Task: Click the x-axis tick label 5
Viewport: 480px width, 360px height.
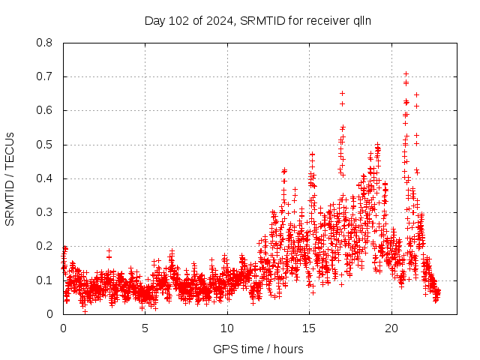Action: (145, 328)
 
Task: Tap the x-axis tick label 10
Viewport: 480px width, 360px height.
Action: (227, 328)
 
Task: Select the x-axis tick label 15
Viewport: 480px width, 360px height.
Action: (310, 328)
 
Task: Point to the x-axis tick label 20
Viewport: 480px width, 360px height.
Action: (391, 328)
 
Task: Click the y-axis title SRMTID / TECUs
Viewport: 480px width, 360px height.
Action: (10, 178)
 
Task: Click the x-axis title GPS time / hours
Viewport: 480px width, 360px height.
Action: (259, 349)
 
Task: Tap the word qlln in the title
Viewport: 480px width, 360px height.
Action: (361, 20)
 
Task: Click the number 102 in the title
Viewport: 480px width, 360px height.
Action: (178, 20)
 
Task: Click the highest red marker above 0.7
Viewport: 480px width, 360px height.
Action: (406, 74)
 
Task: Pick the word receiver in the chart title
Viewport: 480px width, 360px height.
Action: (327, 20)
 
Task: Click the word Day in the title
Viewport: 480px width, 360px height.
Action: (154, 20)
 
